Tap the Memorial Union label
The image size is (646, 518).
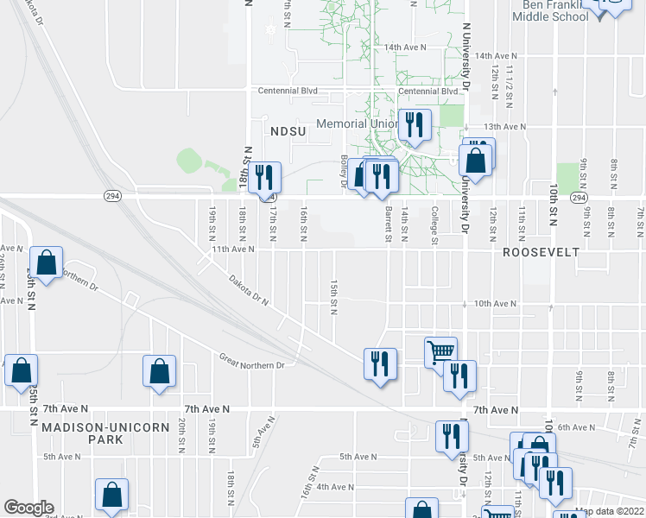(x=356, y=123)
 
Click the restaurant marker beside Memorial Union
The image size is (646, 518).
(x=415, y=125)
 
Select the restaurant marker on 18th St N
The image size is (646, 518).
(x=265, y=178)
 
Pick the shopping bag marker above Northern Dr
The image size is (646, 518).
(x=46, y=262)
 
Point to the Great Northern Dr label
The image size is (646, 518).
(x=251, y=362)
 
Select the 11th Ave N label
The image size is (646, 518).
(x=233, y=249)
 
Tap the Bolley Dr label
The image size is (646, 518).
(x=343, y=176)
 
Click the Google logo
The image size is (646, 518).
(x=28, y=508)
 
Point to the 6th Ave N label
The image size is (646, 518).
(x=578, y=427)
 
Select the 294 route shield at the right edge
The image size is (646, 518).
(x=579, y=198)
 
